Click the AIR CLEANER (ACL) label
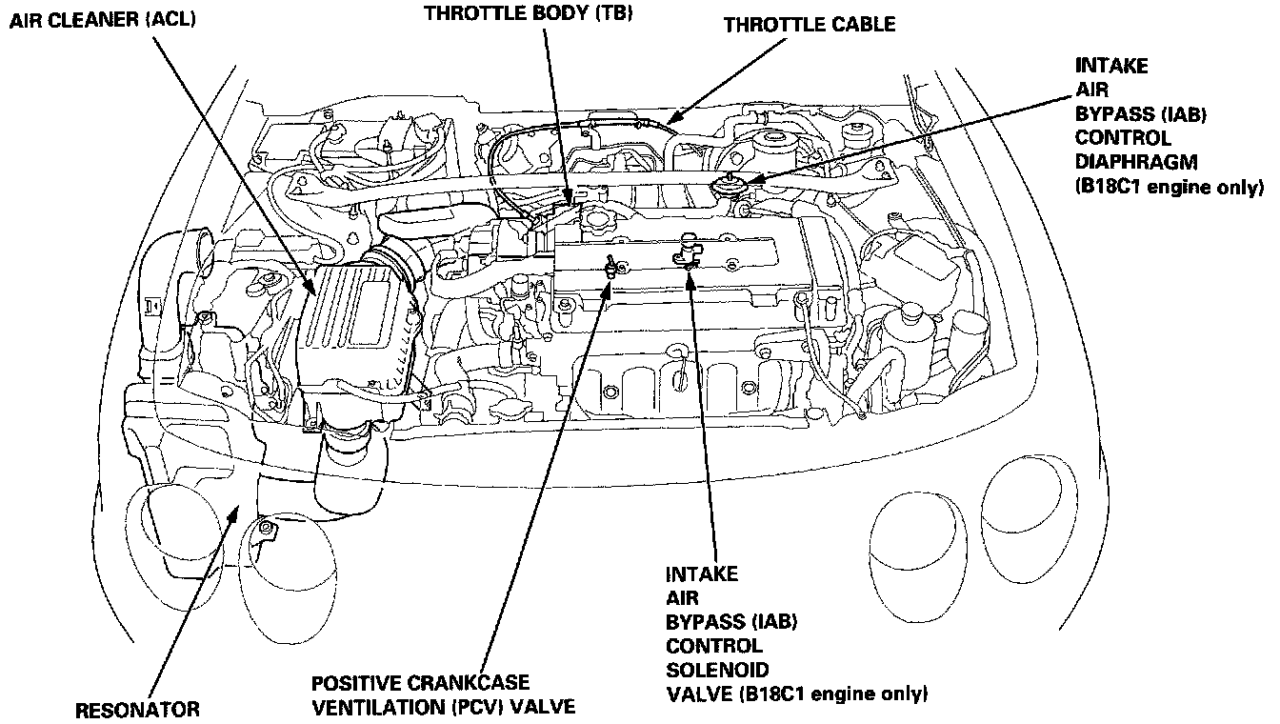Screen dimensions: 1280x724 (x=102, y=19)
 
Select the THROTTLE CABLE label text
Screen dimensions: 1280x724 (x=809, y=25)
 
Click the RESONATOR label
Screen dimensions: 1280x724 (x=138, y=709)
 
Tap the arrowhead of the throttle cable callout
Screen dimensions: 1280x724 (x=670, y=121)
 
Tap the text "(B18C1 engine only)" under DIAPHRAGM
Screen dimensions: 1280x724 (x=1169, y=187)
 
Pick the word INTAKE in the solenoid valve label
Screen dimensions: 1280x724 (x=701, y=574)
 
